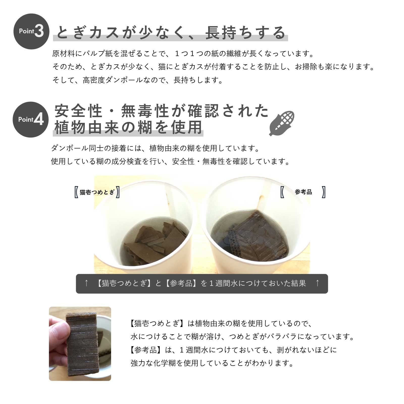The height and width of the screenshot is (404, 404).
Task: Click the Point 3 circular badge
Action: pos(31,32)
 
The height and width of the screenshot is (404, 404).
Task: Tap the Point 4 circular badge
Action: pos(31,119)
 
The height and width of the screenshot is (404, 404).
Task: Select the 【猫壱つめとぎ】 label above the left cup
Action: pos(97,192)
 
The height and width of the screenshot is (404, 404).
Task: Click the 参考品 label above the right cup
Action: pos(303,192)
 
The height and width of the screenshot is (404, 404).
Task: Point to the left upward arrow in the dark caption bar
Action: pos(86,283)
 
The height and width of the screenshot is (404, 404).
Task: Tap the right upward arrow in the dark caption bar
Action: pos(317,283)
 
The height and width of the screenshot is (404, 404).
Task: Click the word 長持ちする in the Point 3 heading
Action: pos(245,33)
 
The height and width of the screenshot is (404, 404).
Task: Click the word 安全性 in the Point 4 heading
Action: pos(78,111)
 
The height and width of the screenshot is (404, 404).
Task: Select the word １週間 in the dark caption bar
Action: pos(219,283)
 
